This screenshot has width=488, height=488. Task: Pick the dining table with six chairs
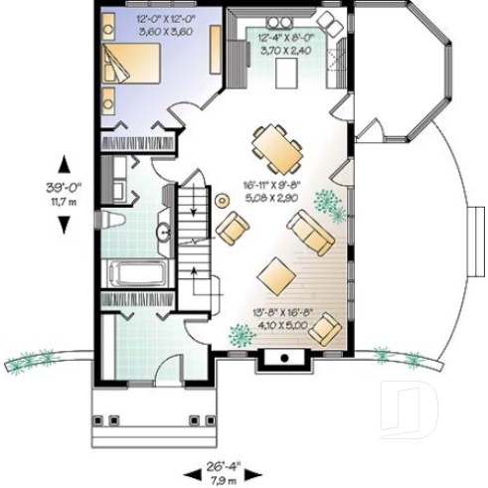click(276, 148)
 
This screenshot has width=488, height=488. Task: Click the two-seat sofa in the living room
click(310, 235)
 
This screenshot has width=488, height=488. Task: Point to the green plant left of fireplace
click(240, 337)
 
